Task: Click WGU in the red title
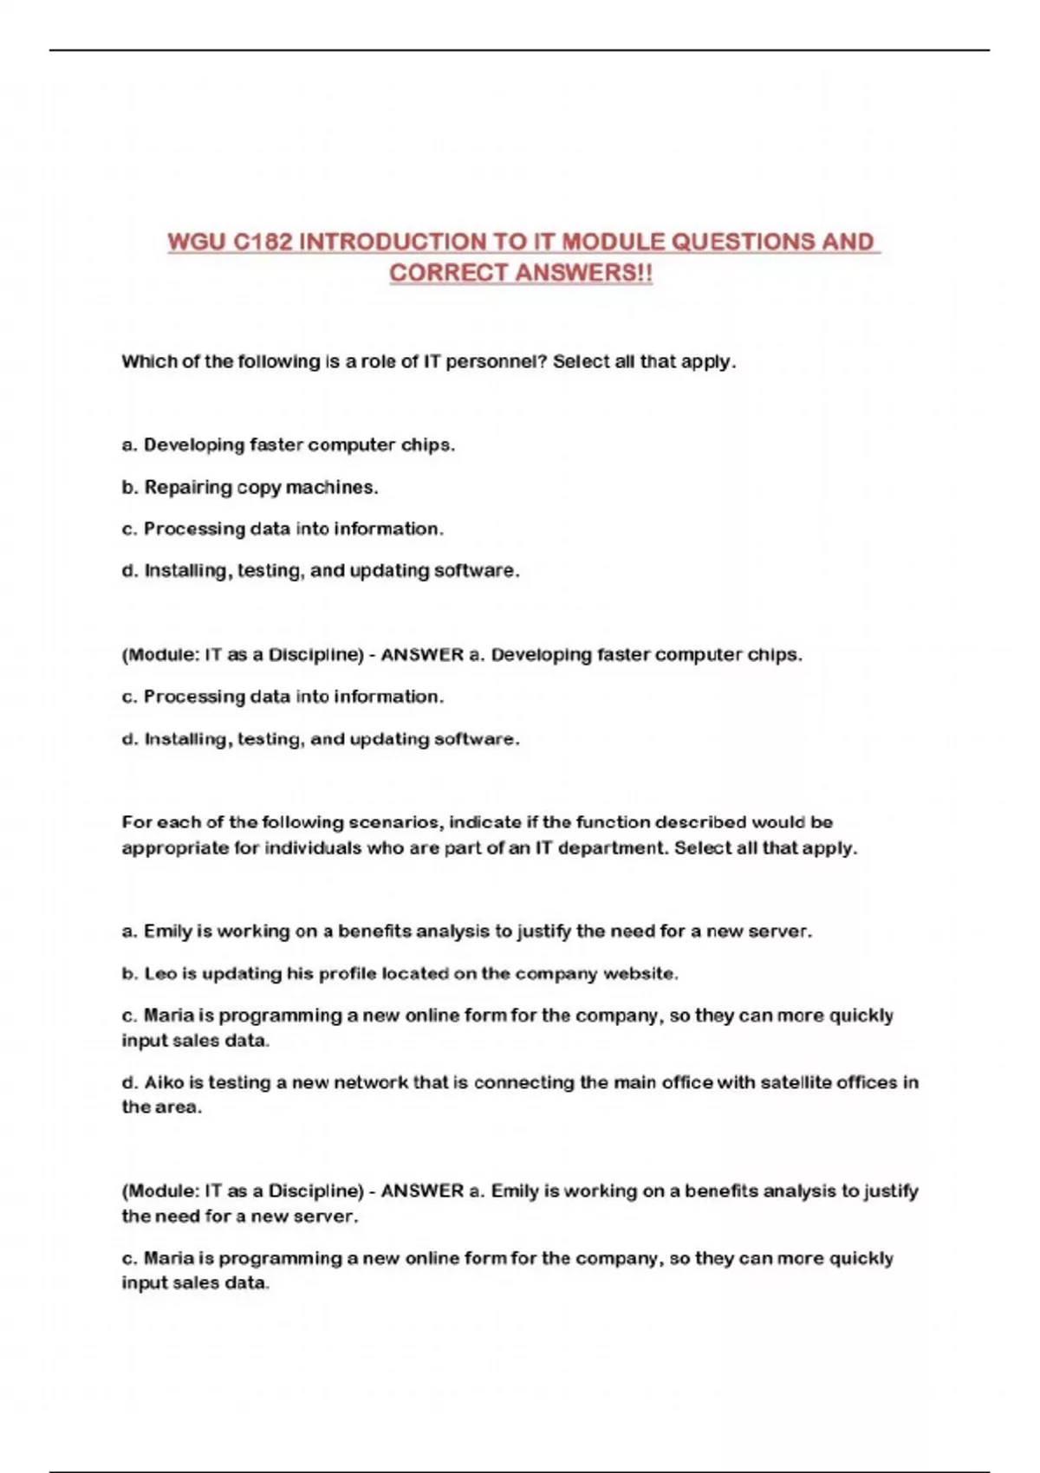pos(197,242)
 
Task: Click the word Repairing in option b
pos(188,488)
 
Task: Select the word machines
pos(332,488)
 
